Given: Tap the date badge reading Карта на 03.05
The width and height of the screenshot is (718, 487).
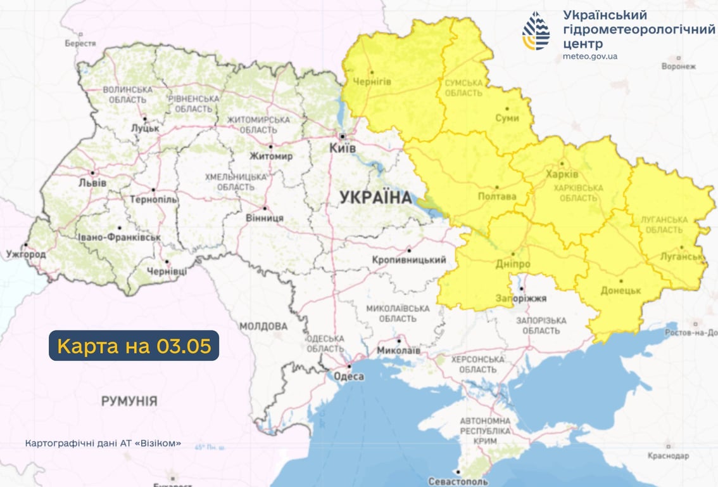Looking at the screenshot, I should (x=134, y=346).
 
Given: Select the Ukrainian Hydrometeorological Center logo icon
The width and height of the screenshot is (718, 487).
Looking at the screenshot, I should (x=536, y=31).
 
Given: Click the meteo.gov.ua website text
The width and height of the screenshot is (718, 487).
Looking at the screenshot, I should (x=590, y=56).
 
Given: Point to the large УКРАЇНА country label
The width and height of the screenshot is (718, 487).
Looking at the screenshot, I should (x=375, y=197).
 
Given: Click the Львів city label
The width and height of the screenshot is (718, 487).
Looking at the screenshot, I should (x=92, y=183).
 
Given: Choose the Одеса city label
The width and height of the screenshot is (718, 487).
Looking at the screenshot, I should (x=348, y=377).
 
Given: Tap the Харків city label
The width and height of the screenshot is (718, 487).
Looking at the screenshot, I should (x=562, y=174).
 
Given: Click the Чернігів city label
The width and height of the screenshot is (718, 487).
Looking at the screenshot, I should (x=372, y=82).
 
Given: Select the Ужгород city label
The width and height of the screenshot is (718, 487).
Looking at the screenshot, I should (x=26, y=254).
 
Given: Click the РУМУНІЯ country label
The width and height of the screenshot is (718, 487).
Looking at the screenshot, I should (x=129, y=401).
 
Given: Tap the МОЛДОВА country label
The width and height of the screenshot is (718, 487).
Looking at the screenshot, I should (x=263, y=326).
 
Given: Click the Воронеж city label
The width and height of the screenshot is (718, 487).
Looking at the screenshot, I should (x=678, y=66).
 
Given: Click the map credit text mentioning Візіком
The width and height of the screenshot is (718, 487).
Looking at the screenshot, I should (x=103, y=443).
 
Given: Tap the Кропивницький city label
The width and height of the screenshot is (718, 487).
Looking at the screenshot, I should (x=409, y=260).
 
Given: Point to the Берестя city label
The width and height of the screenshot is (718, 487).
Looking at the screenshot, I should (x=80, y=43).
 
